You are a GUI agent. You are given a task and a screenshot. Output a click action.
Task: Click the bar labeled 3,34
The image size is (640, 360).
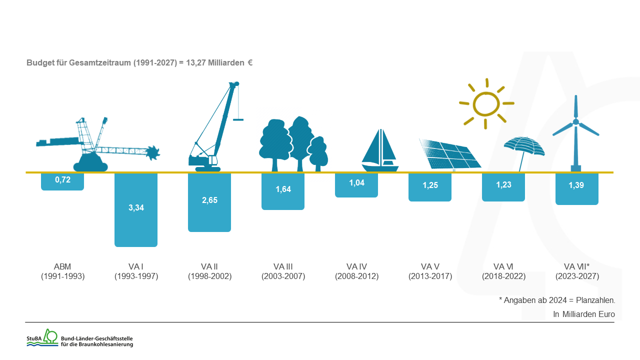click(136, 210)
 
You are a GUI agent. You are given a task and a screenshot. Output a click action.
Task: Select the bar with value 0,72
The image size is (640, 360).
click(62, 181)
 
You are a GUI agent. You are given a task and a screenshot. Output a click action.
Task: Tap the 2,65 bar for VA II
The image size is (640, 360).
click(209, 202)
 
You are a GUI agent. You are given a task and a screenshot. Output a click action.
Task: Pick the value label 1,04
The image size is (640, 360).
click(356, 183)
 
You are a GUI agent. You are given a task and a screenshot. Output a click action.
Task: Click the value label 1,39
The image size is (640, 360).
click(576, 185)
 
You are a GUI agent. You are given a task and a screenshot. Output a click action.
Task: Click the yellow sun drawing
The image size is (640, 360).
click(486, 104)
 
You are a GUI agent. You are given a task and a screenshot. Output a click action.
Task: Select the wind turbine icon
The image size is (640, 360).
click(575, 133)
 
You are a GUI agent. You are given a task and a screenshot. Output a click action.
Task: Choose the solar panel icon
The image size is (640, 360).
click(449, 154)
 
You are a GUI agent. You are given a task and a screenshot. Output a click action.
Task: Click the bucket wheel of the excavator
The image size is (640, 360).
click(153, 153)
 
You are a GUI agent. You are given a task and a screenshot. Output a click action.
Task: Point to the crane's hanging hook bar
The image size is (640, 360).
click(238, 119)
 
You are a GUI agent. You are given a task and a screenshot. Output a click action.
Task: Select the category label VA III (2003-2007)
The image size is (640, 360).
click(283, 271)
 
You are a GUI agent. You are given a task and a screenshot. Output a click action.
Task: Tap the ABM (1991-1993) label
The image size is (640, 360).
click(62, 271)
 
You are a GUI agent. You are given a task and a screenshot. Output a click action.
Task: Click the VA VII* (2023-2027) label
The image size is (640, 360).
click(577, 271)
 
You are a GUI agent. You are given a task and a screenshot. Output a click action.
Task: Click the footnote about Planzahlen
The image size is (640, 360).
click(557, 300)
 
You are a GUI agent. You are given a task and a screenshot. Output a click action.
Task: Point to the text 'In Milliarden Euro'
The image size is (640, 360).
click(583, 314)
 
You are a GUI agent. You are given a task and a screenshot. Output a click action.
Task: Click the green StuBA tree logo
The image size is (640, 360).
click(50, 336)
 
